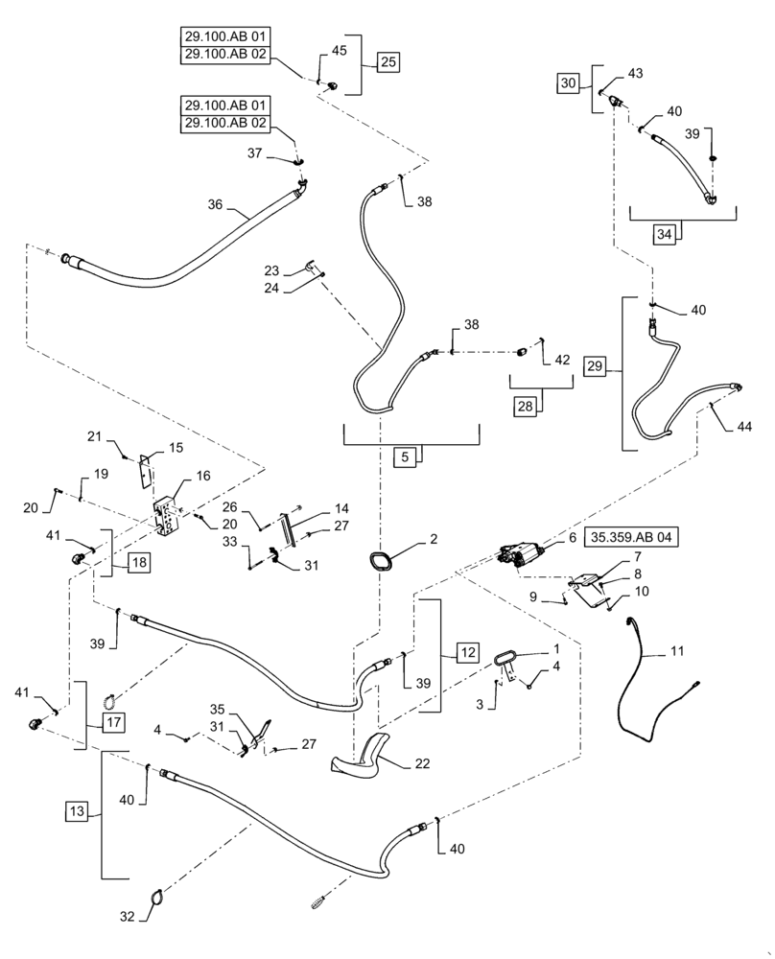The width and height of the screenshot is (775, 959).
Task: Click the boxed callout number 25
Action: (x=388, y=62)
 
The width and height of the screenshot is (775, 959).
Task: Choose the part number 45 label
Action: (x=339, y=51)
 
